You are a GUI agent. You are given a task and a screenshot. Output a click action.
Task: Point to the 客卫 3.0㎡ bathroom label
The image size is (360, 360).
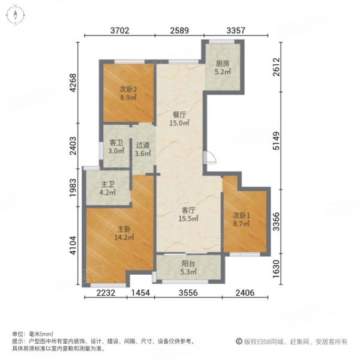116,147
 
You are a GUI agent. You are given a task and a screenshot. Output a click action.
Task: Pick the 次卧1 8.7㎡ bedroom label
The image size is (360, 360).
244,218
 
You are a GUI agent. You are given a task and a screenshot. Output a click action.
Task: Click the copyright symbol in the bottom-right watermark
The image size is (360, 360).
238,341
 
